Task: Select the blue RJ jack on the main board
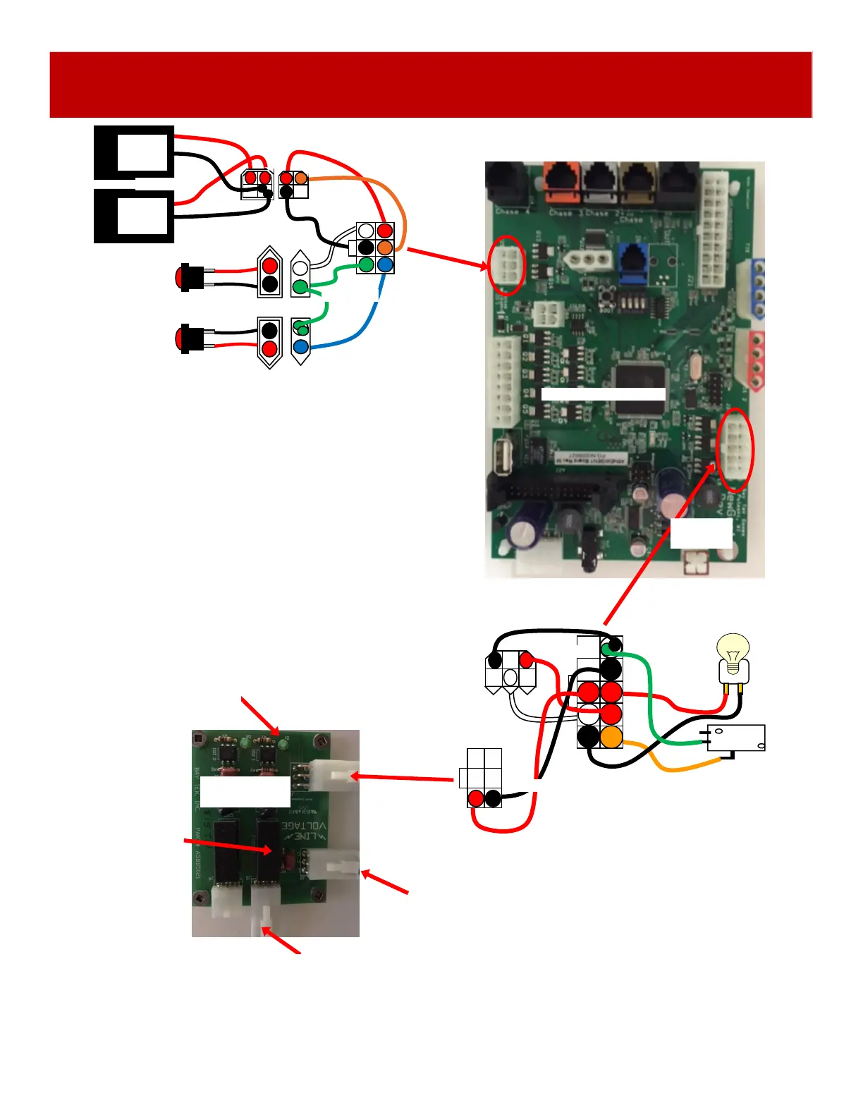tap(634, 260)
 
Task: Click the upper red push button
tap(188, 277)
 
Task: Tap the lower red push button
tap(188, 338)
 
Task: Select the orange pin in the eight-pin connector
tap(611, 738)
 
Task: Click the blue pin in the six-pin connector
tap(384, 265)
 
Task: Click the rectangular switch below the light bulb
tap(736, 738)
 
